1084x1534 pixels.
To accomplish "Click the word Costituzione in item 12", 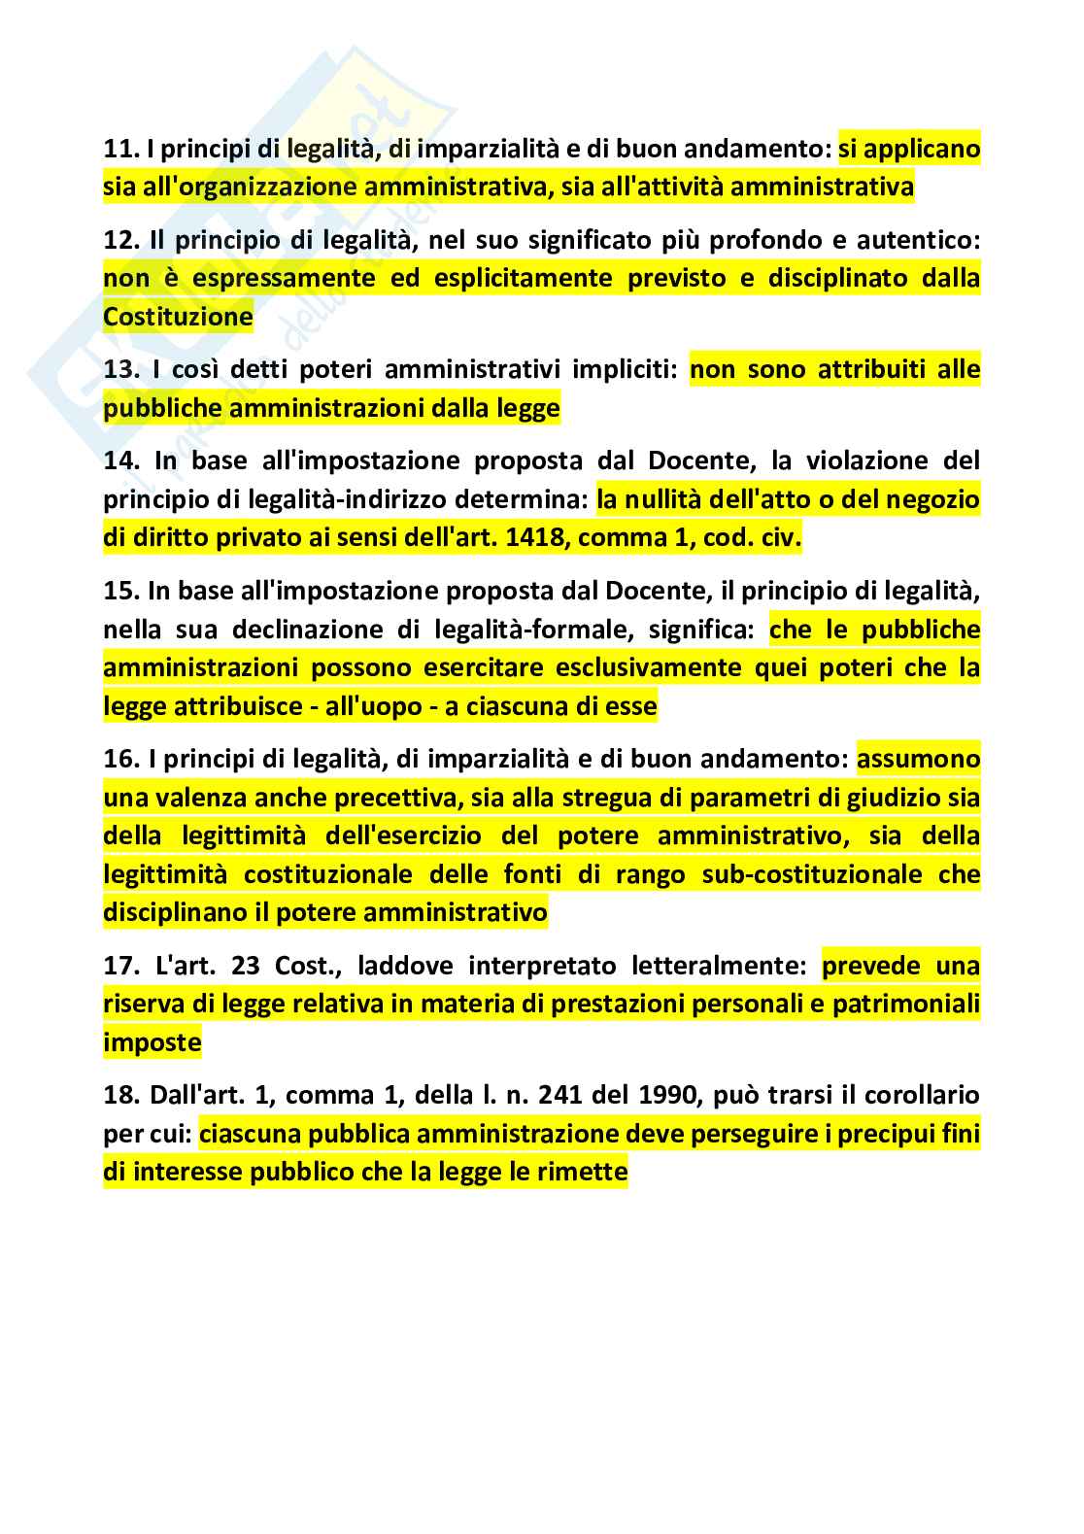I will [x=178, y=318].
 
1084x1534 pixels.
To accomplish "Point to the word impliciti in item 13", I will [x=627, y=370].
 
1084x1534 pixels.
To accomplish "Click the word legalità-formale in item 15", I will [x=539, y=630].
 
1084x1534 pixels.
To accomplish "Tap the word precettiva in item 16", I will [x=386, y=798].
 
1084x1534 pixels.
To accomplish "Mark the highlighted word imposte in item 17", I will [x=152, y=1043].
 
